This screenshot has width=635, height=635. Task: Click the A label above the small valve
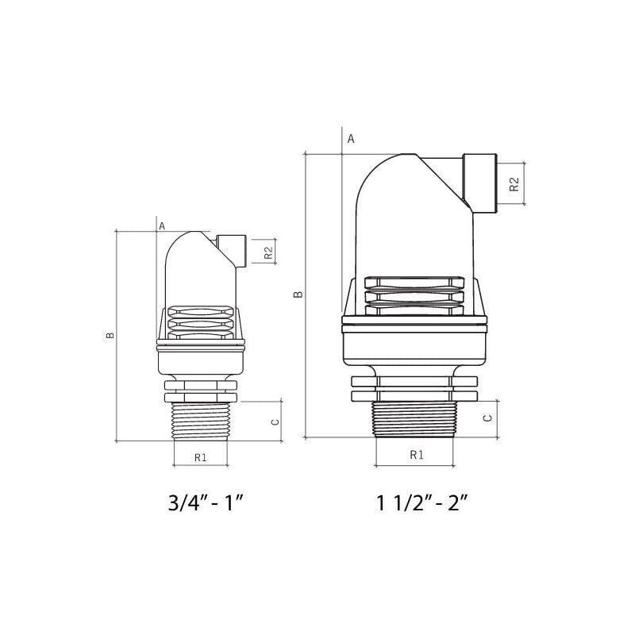pyautogui.click(x=162, y=226)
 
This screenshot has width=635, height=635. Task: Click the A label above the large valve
pyautogui.click(x=350, y=138)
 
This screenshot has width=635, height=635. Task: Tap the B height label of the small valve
pyautogui.click(x=110, y=334)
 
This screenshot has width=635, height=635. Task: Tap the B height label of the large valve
pyautogui.click(x=298, y=294)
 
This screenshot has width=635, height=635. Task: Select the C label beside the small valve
pyautogui.click(x=275, y=421)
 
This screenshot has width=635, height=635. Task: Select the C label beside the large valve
pyautogui.click(x=489, y=417)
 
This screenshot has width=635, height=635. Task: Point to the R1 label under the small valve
pyautogui.click(x=200, y=457)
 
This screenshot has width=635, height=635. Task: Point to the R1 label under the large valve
pyautogui.click(x=416, y=455)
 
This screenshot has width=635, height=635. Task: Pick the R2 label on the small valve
pyautogui.click(x=268, y=252)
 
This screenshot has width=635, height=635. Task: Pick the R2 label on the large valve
pyautogui.click(x=514, y=183)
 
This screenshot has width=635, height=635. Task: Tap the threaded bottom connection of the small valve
pyautogui.click(x=200, y=420)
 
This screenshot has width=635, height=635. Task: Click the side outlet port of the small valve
pyautogui.click(x=232, y=249)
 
